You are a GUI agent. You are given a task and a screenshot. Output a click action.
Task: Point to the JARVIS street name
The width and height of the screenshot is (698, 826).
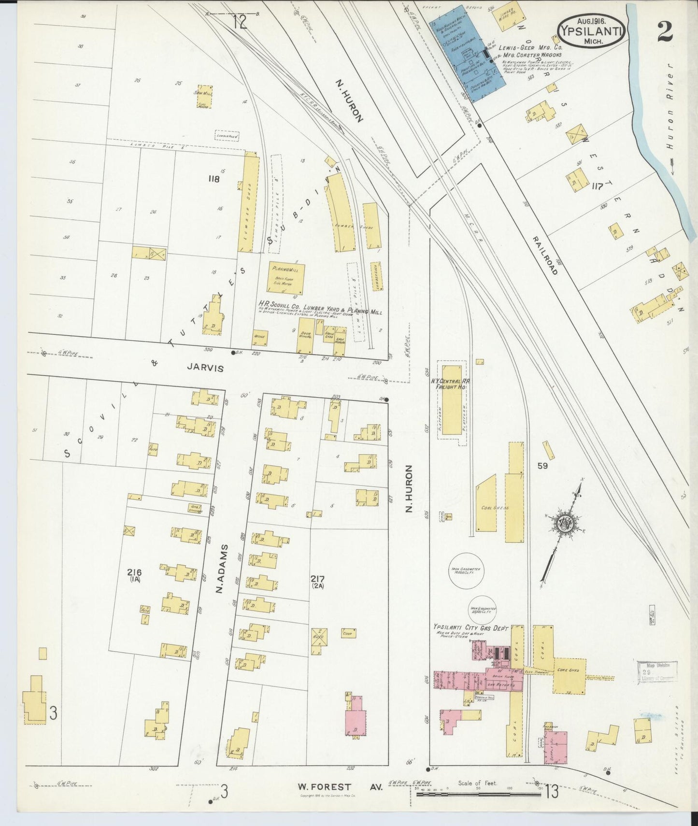tap(205, 368)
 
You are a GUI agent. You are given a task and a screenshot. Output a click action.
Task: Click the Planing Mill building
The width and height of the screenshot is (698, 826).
tap(286, 279)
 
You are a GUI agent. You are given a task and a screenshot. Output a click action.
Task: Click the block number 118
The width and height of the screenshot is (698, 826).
tap(214, 179)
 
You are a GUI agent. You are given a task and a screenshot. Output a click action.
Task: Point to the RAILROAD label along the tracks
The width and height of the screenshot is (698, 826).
tap(546, 256)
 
